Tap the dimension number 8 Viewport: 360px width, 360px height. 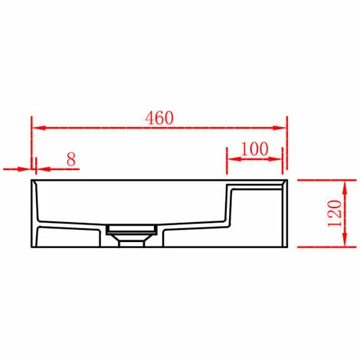point(70,159)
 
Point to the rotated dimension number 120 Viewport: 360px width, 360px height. point(334,214)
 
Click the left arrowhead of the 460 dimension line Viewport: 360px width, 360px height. point(36,128)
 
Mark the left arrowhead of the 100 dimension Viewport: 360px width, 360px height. point(231,160)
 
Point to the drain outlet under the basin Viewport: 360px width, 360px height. point(133,235)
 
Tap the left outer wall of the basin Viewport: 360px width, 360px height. point(34,214)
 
